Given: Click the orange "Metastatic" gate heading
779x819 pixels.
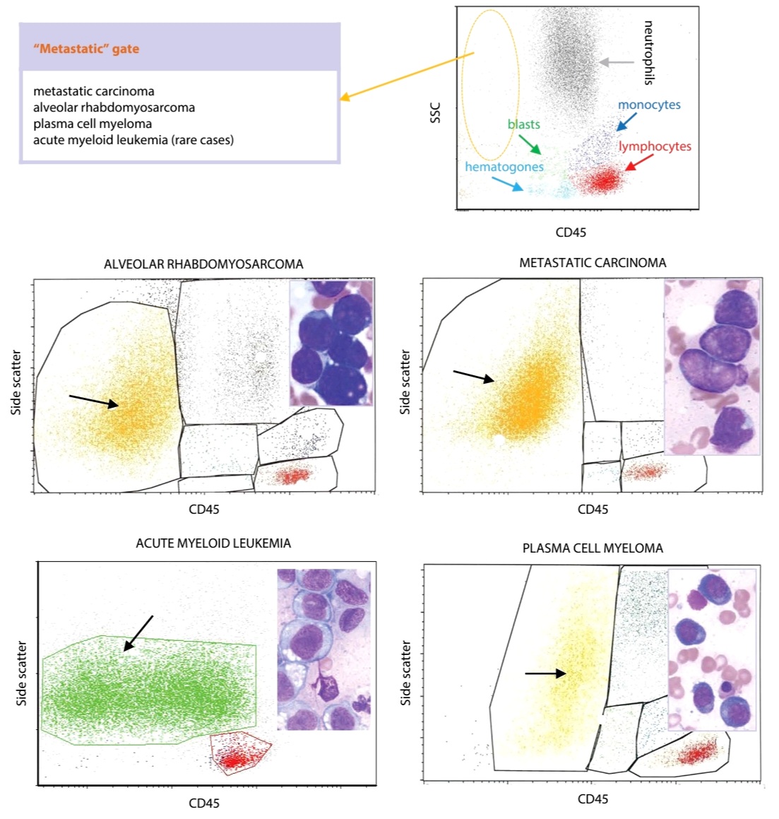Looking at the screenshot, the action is click(86, 49).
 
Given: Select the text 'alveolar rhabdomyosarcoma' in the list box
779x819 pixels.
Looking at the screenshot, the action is click(114, 107).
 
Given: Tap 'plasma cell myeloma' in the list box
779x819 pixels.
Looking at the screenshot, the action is click(93, 124).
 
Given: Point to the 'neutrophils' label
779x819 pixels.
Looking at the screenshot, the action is click(648, 53).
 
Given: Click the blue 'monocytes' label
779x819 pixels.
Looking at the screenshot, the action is click(649, 105).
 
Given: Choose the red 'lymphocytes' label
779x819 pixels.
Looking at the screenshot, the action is click(655, 146).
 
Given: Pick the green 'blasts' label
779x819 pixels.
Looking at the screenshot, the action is click(523, 124).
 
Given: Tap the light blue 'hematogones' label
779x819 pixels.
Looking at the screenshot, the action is click(504, 167).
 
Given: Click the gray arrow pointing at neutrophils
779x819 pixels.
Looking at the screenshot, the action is click(617, 62).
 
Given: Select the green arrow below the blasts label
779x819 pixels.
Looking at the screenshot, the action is click(530, 145).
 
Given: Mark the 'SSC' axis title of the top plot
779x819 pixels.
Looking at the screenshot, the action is click(436, 113).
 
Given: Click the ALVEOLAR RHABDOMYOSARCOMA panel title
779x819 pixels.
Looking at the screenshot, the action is click(203, 264).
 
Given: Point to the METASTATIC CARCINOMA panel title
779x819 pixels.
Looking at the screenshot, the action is click(593, 263).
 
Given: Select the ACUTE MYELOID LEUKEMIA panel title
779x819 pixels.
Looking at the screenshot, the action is click(213, 543).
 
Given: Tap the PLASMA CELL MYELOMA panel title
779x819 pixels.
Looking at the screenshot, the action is click(593, 548).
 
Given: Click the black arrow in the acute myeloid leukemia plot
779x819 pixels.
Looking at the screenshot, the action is click(138, 634).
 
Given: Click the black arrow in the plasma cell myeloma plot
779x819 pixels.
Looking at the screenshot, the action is click(546, 673).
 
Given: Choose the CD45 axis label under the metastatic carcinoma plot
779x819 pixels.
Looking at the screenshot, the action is click(593, 509).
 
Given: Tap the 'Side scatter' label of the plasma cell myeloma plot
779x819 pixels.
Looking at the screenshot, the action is click(405, 673).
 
